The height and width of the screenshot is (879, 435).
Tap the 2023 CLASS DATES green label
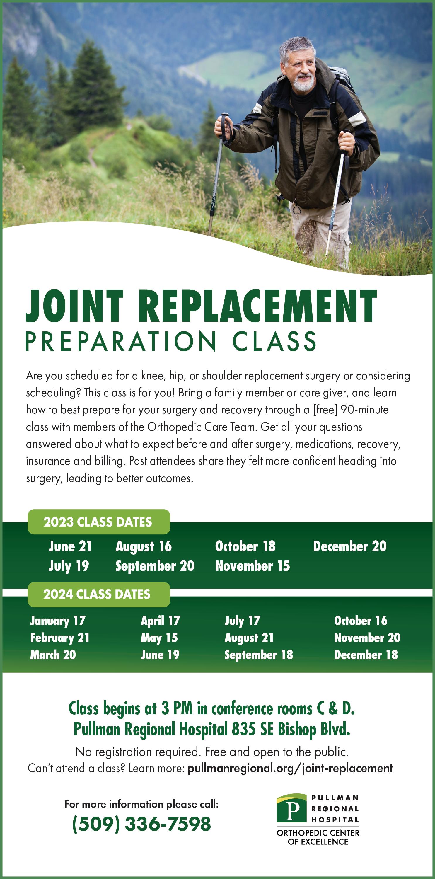(99, 522)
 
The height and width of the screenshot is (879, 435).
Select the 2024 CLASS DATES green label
(99, 594)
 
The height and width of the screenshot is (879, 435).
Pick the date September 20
(155, 566)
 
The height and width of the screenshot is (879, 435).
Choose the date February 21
(60, 638)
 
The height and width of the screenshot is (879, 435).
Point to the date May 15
(159, 638)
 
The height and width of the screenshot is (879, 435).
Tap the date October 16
(361, 620)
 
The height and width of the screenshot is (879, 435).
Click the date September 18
(259, 655)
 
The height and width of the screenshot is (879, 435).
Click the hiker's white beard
(303, 83)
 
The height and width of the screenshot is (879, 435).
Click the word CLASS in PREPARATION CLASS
(274, 341)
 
